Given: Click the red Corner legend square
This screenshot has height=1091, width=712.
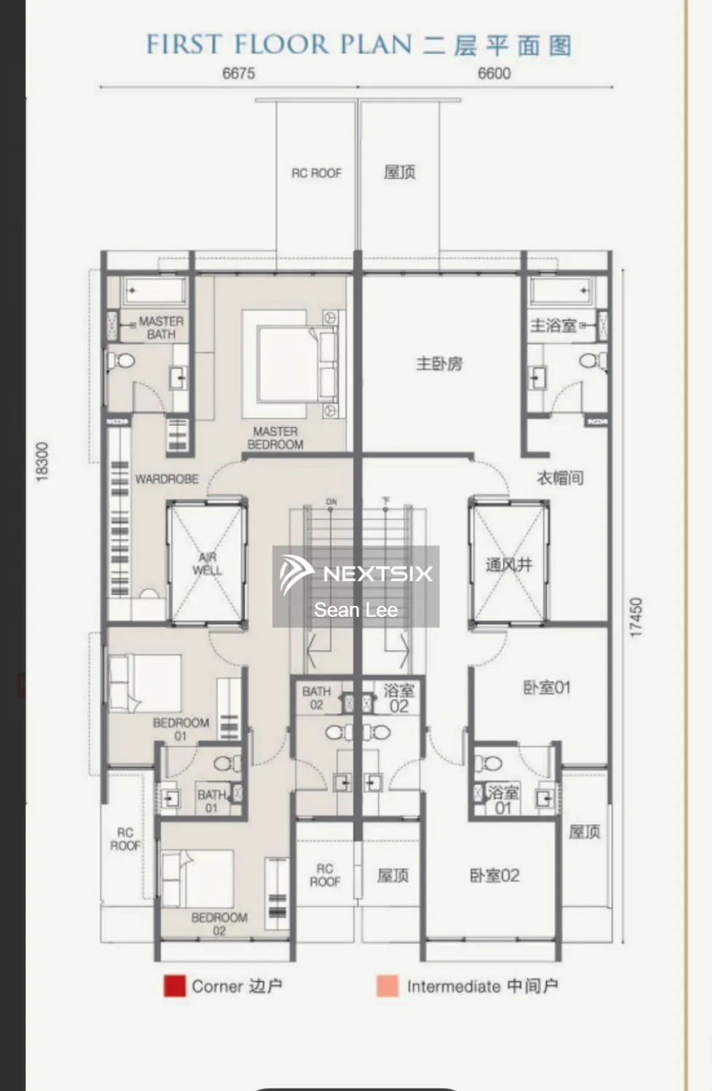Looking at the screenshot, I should click(175, 986).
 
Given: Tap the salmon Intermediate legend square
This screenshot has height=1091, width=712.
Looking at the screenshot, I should click(388, 986).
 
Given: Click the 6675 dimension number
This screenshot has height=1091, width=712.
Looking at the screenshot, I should click(239, 73).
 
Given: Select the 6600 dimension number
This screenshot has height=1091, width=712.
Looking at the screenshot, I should click(494, 73).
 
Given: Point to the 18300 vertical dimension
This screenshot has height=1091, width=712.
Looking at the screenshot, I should click(41, 461).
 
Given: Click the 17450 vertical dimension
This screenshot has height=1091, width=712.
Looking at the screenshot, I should click(636, 618).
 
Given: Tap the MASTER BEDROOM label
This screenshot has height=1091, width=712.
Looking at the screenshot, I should click(275, 438).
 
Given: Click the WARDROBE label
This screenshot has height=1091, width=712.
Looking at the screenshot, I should click(167, 479).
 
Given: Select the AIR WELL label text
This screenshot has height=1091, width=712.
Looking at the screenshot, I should click(207, 564).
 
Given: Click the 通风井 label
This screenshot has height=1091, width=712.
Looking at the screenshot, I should click(509, 564).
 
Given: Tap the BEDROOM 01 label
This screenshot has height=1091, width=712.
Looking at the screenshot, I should click(180, 729).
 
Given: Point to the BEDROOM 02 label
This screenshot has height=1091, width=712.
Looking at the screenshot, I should click(219, 924).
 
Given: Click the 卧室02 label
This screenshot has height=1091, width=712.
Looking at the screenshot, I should click(495, 876).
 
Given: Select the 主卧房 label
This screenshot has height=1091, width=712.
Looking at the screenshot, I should click(439, 364).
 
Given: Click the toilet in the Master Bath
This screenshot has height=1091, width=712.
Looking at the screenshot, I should click(121, 361).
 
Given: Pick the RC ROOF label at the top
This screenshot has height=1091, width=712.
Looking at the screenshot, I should click(316, 173).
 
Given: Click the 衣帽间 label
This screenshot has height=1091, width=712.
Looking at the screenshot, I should click(560, 478).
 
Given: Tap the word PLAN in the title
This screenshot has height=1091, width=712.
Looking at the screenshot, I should click(376, 44).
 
